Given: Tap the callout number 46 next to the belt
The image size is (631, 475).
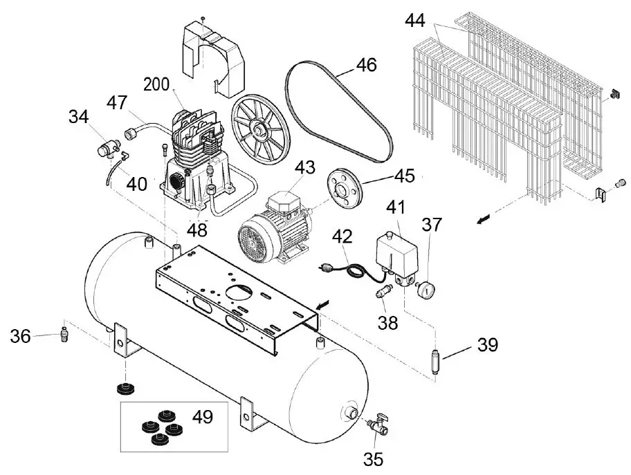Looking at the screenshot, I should pyautogui.click(x=366, y=65).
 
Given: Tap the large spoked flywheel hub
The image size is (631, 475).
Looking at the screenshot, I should pyautogui.click(x=259, y=127).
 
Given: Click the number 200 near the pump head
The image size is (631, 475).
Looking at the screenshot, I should pyautogui.click(x=156, y=84).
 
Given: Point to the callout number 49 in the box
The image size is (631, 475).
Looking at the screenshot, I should pyautogui.click(x=203, y=417).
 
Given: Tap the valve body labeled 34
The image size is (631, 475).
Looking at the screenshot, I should pyautogui.click(x=107, y=145).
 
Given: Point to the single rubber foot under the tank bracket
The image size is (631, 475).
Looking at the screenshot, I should pyautogui.click(x=126, y=389).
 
